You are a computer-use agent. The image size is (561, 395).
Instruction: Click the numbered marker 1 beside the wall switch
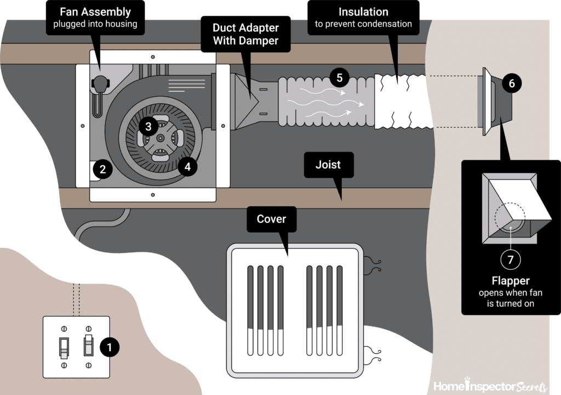pos(109,347)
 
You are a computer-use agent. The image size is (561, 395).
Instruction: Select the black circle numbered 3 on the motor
pos(148,126)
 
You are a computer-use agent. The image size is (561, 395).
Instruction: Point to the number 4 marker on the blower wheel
pos(187,166)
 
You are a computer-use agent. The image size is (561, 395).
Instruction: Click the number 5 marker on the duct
pos(339,77)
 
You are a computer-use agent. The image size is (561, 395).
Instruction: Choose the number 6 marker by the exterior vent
pos(512,83)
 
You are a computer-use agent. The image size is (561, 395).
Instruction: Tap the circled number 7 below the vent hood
pos(511,259)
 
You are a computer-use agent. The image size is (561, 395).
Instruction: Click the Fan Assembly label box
pos(95,17)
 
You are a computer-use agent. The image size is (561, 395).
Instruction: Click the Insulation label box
pos(363,17)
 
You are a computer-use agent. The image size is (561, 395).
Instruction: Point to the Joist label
pos(328,165)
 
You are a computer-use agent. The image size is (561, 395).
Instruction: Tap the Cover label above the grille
pos(271,219)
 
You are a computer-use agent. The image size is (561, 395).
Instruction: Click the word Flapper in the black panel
pos(511,281)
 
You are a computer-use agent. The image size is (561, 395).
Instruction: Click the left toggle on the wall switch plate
pos(64,347)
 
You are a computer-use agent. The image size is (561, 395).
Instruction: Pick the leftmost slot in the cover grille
pos(250,311)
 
